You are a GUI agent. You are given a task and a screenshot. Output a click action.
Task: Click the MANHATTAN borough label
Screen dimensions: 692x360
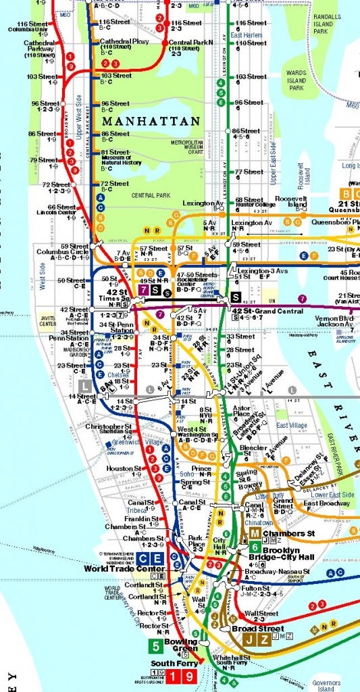coord(151,122)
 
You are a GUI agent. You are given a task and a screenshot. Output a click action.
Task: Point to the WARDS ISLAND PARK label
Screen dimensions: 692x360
coord(297,80)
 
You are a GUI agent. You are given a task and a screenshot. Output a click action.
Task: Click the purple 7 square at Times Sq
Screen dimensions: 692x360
coord(143,290)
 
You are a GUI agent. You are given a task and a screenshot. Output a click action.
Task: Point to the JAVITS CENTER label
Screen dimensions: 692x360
coord(47,320)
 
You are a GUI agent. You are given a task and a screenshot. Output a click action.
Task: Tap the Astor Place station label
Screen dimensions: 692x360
coord(241,412)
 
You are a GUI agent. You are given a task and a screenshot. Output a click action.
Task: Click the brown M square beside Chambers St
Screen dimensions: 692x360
coord(236,533)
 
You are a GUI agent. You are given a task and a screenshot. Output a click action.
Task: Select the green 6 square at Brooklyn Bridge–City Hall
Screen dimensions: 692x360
coord(255,547)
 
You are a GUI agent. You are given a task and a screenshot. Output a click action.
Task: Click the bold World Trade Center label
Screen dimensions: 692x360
coord(115,568)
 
